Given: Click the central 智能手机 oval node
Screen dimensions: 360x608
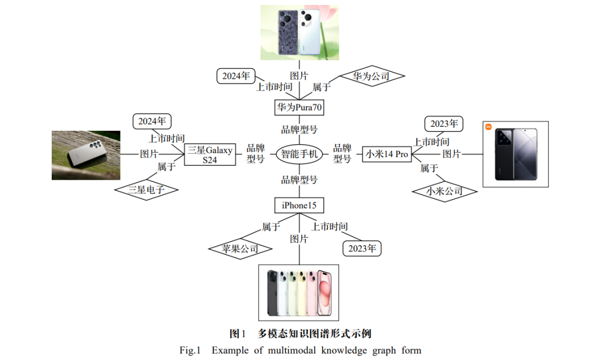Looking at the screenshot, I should click(x=299, y=154).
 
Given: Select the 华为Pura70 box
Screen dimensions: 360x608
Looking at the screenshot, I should click(x=299, y=106).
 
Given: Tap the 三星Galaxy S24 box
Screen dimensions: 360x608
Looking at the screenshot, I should click(x=210, y=154).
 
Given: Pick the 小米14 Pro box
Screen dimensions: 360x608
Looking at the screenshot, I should click(x=387, y=154).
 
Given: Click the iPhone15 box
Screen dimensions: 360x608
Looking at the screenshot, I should click(x=299, y=205).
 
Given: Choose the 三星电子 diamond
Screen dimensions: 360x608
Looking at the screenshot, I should click(x=146, y=190).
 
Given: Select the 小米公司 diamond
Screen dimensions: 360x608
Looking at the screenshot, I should click(x=444, y=192).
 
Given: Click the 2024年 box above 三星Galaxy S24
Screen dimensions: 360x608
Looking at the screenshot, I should click(x=152, y=121).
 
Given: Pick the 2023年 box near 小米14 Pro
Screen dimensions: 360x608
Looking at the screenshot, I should click(x=444, y=123).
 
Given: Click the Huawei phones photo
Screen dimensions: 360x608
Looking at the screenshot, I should click(x=299, y=33).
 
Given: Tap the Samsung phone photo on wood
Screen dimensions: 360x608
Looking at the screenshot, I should click(x=86, y=155).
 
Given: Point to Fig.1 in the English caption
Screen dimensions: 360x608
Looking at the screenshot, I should click(x=190, y=350).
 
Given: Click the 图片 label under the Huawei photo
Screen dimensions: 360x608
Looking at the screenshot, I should click(x=299, y=75).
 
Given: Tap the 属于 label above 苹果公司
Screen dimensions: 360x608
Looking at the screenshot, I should click(x=271, y=227).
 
